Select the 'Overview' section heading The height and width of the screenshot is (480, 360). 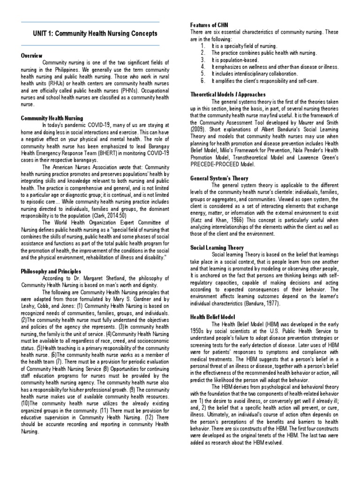click(x=31, y=55)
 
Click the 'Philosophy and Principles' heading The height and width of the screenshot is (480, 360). click(x=51, y=271)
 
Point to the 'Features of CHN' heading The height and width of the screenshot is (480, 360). click(x=210, y=24)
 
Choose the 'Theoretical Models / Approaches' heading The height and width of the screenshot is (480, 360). click(x=228, y=94)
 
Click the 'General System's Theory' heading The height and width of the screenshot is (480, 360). click(x=219, y=178)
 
